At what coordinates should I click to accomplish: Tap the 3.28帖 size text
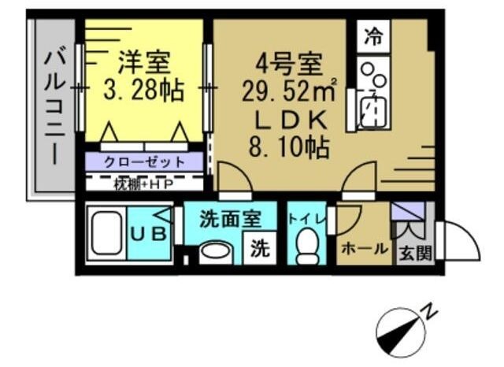[143, 89]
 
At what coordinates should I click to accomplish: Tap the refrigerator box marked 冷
[373, 36]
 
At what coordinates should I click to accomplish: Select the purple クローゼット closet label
[144, 161]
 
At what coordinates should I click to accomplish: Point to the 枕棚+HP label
[143, 184]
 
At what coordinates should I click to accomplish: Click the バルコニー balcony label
[55, 106]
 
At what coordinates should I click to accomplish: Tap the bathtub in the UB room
[107, 233]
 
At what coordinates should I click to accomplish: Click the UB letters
[149, 234]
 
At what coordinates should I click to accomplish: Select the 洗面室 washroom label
[230, 220]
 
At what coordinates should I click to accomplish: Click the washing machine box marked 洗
[260, 248]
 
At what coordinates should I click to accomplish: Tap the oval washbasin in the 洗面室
[215, 251]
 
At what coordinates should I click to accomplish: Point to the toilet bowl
[307, 246]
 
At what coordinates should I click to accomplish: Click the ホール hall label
[365, 248]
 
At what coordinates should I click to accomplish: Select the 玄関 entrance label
[415, 253]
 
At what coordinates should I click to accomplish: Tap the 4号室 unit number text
[289, 63]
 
